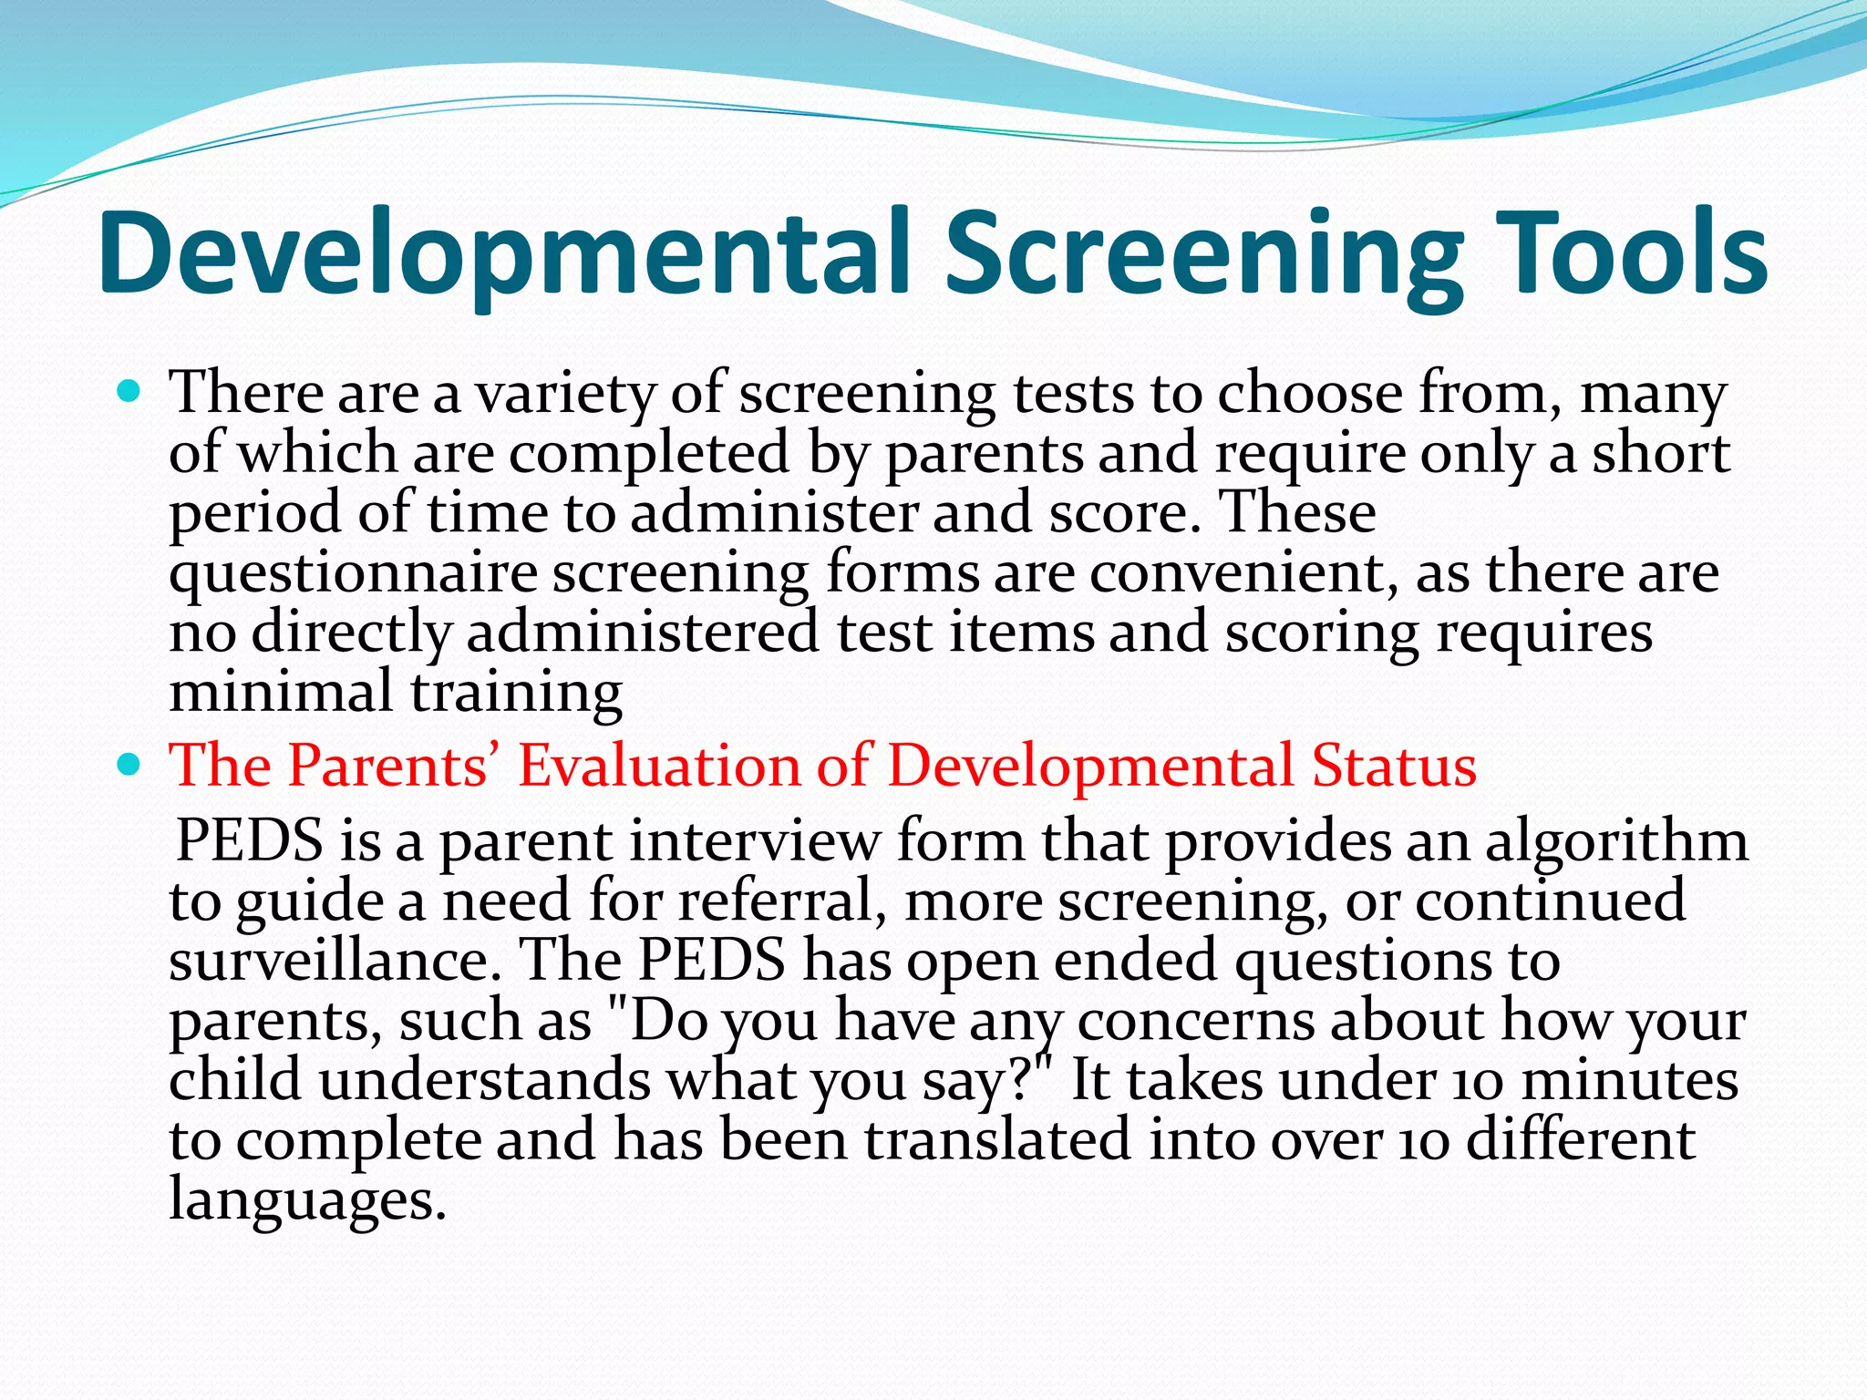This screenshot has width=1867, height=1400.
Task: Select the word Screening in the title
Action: coord(1203,253)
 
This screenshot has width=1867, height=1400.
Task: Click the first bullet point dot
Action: coord(130,393)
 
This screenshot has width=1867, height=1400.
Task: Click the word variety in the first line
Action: coord(565,395)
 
